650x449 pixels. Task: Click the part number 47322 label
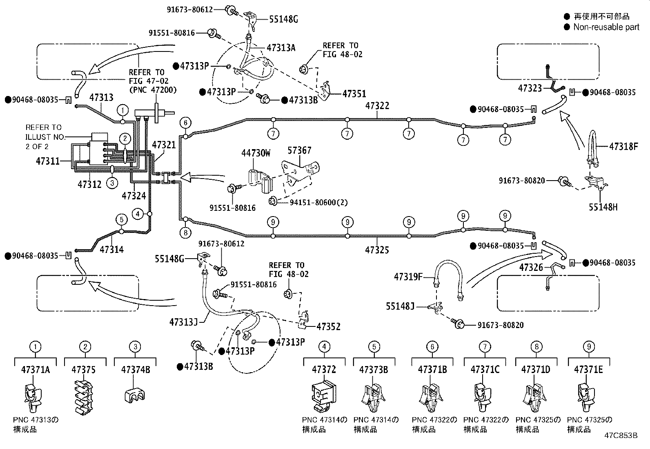377,106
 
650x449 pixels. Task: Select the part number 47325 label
377,250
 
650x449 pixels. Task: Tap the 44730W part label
256,153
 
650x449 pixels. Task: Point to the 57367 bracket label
299,150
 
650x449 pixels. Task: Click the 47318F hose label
623,146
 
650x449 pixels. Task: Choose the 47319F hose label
408,277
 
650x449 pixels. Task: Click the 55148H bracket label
603,207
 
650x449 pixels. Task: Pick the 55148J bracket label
400,306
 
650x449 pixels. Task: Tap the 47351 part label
354,94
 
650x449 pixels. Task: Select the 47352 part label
328,326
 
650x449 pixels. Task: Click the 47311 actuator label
48,161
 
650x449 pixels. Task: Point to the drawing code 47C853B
621,436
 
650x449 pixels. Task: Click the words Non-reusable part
606,27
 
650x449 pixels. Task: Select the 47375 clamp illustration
84,397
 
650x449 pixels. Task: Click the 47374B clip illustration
135,395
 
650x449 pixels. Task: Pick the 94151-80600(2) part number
318,202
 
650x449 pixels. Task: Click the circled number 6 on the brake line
186,123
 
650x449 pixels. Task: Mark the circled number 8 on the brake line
186,232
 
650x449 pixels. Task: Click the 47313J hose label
183,322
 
